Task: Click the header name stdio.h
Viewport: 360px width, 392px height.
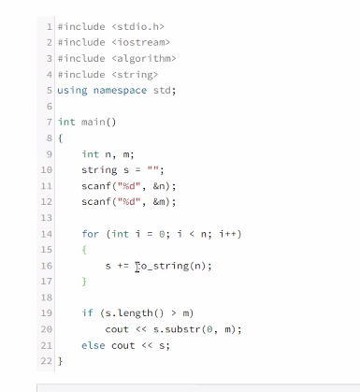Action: coord(138,26)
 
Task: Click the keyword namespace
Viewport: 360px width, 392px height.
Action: coord(120,90)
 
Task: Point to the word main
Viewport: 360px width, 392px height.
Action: coord(93,122)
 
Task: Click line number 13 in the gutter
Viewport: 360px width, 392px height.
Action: coord(46,217)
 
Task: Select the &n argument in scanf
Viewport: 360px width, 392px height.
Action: coord(159,186)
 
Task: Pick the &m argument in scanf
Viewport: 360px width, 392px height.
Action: coord(159,201)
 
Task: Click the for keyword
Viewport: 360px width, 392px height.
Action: coord(90,234)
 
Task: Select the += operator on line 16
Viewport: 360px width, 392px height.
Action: coord(123,266)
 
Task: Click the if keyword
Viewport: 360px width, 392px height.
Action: coord(87,312)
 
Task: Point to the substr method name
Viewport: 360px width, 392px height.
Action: coord(183,329)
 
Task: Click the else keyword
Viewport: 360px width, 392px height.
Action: coord(94,345)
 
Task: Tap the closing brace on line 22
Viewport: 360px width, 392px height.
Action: coord(60,361)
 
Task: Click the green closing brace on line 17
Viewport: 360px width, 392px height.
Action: coord(84,282)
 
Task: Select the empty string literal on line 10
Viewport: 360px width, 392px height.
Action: coord(152,168)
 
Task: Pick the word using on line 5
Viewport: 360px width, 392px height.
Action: coord(72,91)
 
